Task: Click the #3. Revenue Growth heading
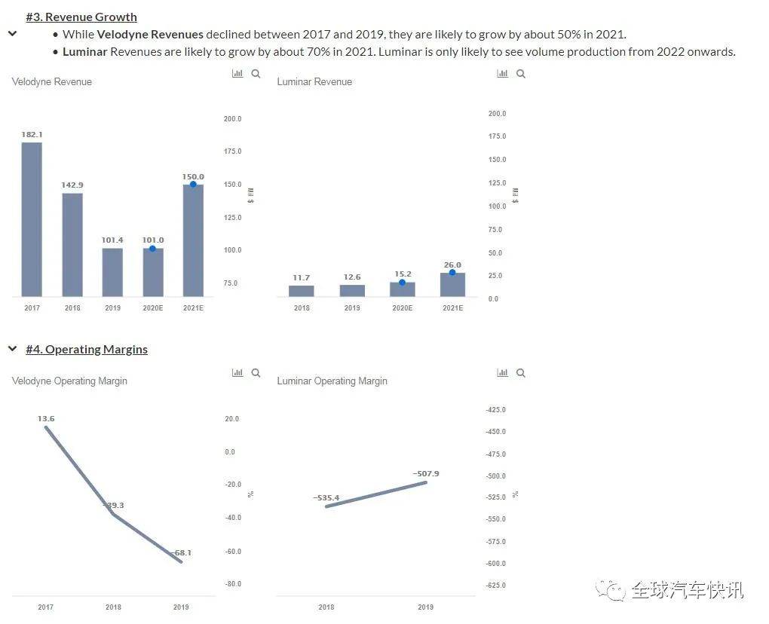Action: tap(81, 17)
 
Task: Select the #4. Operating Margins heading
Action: tap(87, 349)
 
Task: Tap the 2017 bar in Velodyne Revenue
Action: tap(32, 219)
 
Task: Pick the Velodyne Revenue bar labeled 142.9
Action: tap(72, 244)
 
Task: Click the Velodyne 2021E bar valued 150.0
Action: tap(193, 240)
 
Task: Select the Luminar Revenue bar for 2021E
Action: tap(452, 284)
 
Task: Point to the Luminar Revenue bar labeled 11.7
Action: tap(301, 290)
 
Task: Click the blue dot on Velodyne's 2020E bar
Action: tap(152, 249)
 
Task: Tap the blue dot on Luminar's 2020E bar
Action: tap(402, 283)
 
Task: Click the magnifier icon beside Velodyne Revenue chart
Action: tap(256, 74)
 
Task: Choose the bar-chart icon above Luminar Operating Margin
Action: tap(502, 373)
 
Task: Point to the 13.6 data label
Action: tap(46, 418)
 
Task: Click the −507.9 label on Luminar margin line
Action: tap(426, 473)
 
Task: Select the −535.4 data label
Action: tap(326, 497)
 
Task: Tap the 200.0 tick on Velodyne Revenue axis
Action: tap(232, 119)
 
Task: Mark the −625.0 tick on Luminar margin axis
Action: tap(496, 586)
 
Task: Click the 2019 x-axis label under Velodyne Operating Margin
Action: tap(181, 607)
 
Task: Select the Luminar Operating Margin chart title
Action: tap(332, 381)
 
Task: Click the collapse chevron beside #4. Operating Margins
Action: tap(12, 349)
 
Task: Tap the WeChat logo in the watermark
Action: tap(611, 590)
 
